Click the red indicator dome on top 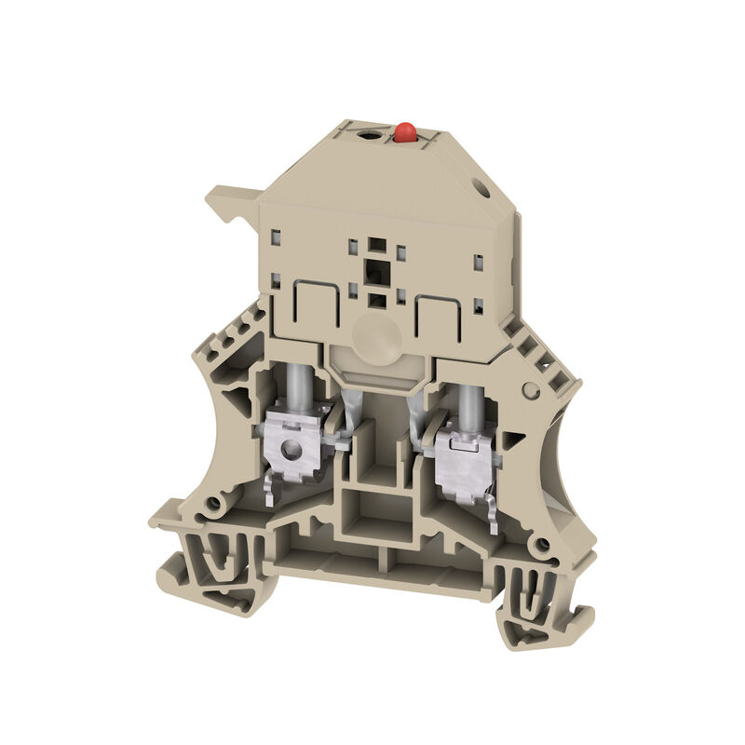(x=405, y=133)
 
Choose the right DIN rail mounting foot (x=540, y=605)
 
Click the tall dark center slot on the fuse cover (x=376, y=271)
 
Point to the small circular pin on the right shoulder (x=530, y=390)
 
